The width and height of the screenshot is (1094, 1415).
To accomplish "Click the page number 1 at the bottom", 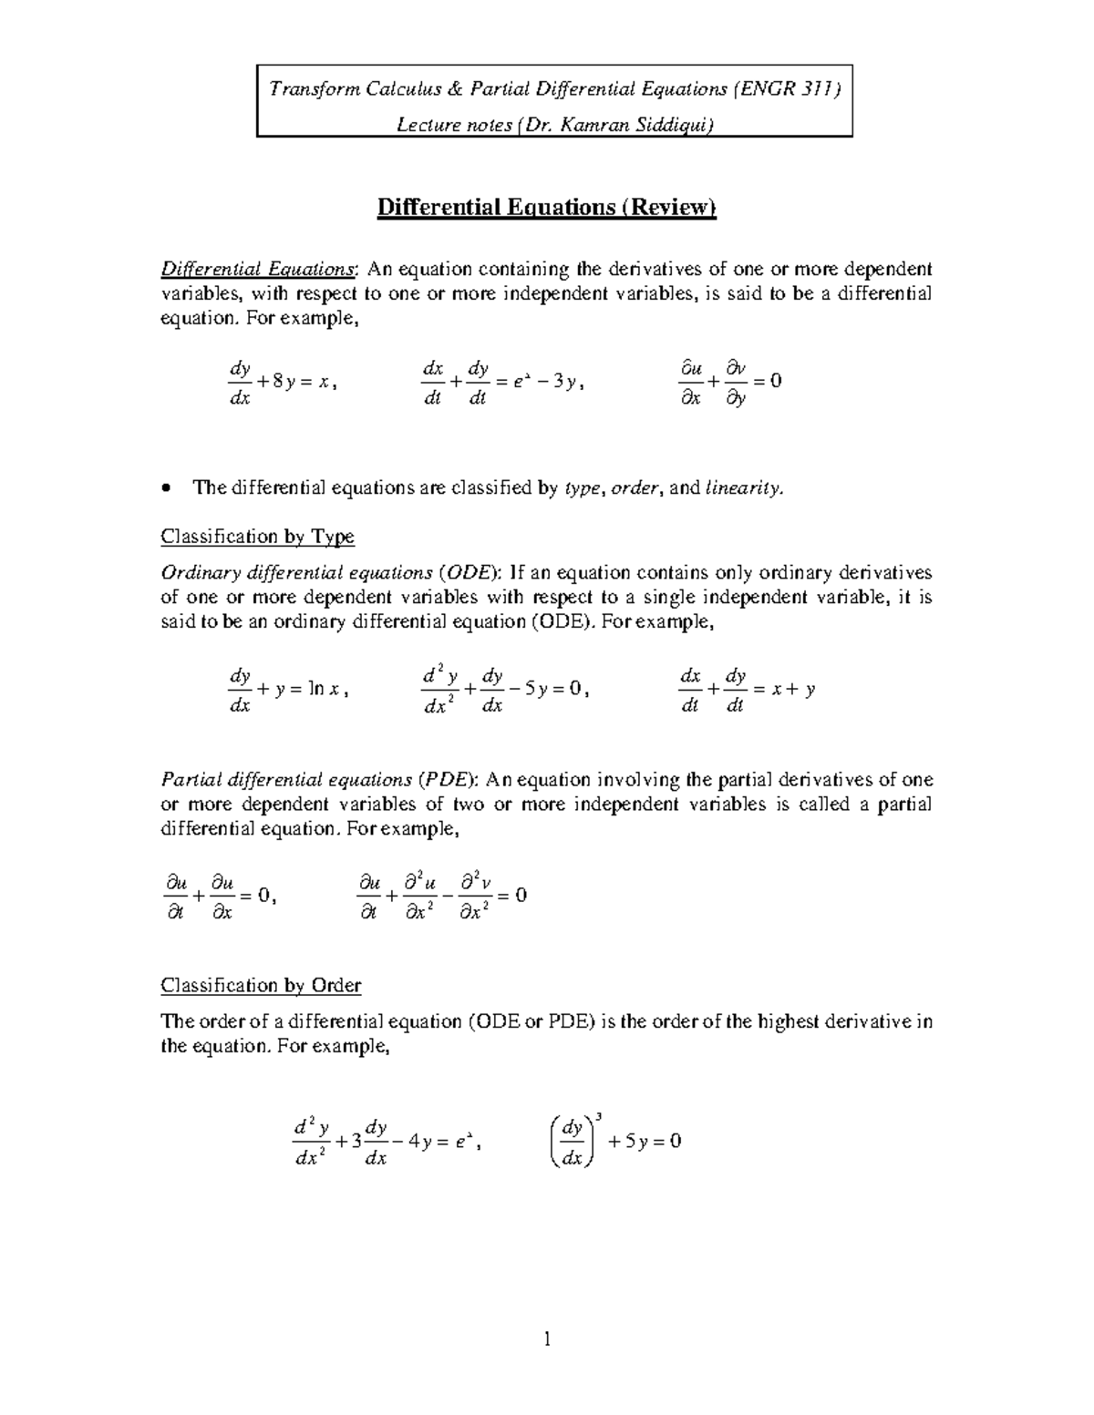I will point(547,1339).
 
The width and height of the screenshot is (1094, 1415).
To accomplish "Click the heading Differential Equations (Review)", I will point(547,208).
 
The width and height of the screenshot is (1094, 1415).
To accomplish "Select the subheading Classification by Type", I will point(257,537).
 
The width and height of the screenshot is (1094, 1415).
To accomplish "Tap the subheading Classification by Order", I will point(261,986).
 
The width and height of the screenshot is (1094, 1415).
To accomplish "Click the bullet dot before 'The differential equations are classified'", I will point(165,489).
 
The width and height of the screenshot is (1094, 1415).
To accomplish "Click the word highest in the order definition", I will point(785,1021).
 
